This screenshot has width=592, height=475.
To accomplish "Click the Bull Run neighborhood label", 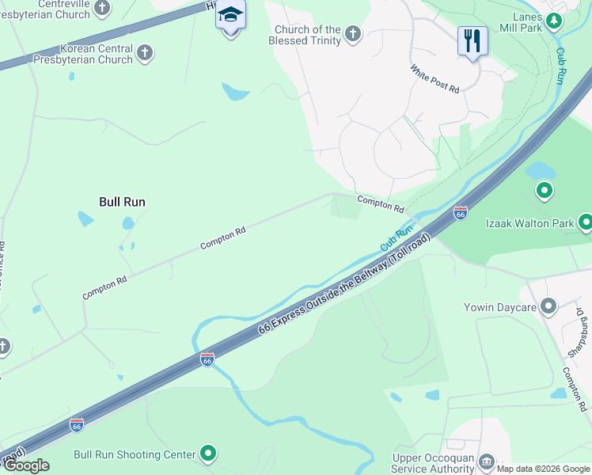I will coord(122,202).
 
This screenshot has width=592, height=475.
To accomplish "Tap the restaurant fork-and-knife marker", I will coord(472,40).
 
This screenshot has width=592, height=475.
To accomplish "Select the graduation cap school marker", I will coord(230,16).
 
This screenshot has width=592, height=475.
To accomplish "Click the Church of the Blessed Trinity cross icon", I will coord(353,34).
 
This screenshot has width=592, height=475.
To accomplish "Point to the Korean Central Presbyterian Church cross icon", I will coord(144,53).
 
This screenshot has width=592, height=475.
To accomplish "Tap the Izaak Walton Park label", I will coord(529,223).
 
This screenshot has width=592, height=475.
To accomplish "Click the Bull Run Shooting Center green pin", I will coord(208,454).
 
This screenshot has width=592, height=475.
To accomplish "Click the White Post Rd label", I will coord(435,79).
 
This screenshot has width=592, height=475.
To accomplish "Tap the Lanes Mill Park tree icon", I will coord(555,19).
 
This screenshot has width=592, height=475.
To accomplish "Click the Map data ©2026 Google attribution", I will coord(542,469).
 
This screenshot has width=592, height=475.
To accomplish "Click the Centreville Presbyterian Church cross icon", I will coord(101,9).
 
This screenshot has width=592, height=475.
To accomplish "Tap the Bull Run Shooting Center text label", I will coord(134,454).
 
